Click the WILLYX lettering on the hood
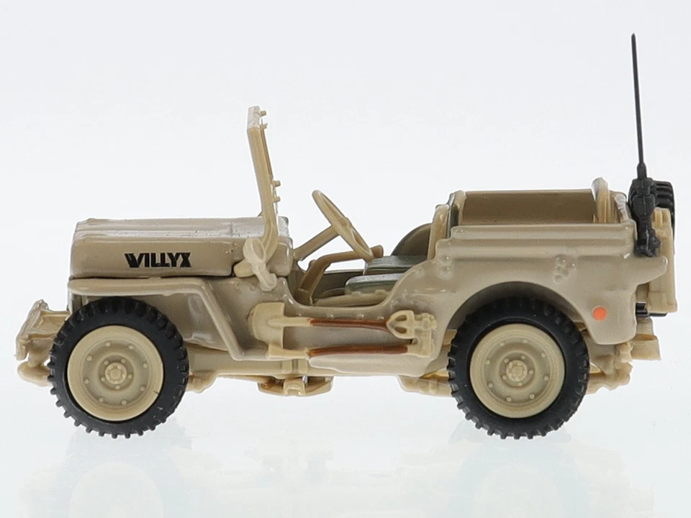pyautogui.click(x=158, y=260)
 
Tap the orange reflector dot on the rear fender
pyautogui.click(x=599, y=312)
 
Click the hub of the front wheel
pyautogui.click(x=115, y=373)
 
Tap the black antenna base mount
pyautogui.click(x=644, y=216)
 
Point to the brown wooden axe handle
pyautogui.click(x=360, y=350)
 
